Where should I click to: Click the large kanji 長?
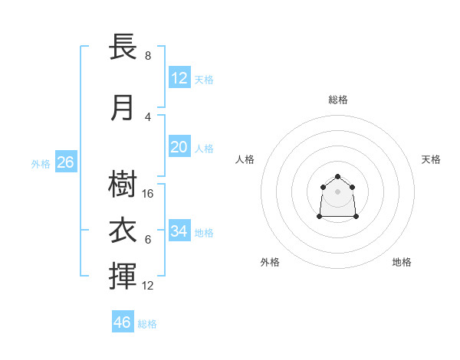123,46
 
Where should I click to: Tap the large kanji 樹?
123,184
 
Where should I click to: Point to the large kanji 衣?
123,230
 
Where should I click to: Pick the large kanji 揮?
123,276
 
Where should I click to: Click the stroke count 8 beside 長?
148,56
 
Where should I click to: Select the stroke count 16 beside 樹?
147,194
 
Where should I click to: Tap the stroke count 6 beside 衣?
148,240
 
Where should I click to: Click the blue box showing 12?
179,77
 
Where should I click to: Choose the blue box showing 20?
179,146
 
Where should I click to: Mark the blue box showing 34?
179,230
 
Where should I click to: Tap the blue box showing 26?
66,162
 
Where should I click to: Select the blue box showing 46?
123,321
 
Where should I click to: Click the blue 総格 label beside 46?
147,324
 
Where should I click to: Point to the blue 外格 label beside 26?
41,164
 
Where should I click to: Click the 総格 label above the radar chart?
338,100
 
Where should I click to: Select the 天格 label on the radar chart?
431,159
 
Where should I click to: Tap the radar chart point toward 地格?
356,216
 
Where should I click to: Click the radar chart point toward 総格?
337,176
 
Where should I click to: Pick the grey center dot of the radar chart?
337,191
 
